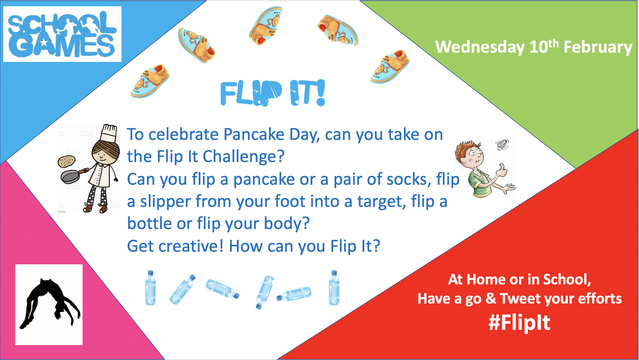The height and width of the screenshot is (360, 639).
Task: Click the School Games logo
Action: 62,34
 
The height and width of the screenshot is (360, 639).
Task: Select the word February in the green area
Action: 598,48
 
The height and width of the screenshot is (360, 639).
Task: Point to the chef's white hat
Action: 109,133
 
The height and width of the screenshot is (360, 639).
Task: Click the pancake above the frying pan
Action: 67,162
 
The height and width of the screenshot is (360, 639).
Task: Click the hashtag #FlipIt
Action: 519,323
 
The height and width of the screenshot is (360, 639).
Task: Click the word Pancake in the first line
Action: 254,134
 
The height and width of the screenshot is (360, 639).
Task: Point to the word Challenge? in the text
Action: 244,157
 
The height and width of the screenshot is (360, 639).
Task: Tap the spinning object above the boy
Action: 502,144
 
